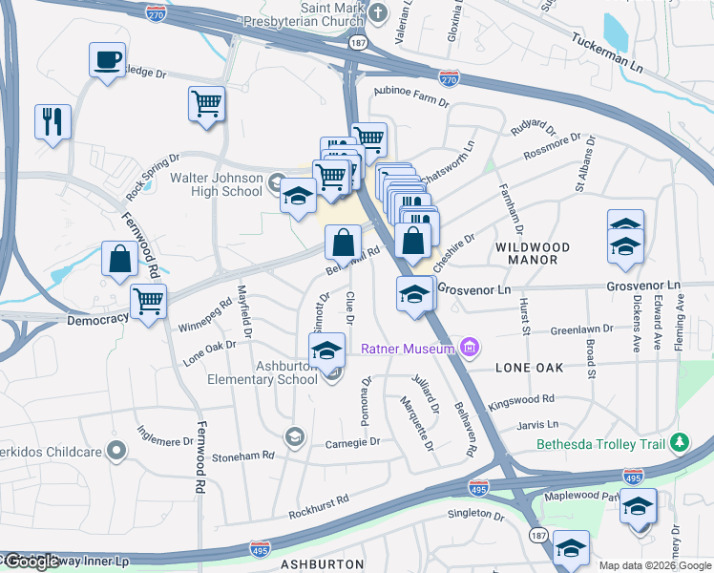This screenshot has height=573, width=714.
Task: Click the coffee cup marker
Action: click(107, 61)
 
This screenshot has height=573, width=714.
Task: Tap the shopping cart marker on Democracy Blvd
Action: click(148, 302)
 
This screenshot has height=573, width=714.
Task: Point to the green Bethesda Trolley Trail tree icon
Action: click(679, 443)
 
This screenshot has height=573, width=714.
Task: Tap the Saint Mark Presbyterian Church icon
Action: click(379, 11)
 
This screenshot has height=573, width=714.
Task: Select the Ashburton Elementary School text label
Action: click(262, 372)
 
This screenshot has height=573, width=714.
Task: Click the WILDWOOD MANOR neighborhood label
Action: click(533, 253)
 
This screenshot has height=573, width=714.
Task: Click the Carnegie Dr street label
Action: click(353, 442)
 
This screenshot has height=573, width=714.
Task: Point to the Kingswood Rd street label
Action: click(521, 399)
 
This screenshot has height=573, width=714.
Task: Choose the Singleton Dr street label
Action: click(475, 515)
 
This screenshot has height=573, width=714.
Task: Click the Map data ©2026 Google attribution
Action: click(655, 565)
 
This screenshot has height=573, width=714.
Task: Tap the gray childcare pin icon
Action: click(116, 450)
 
